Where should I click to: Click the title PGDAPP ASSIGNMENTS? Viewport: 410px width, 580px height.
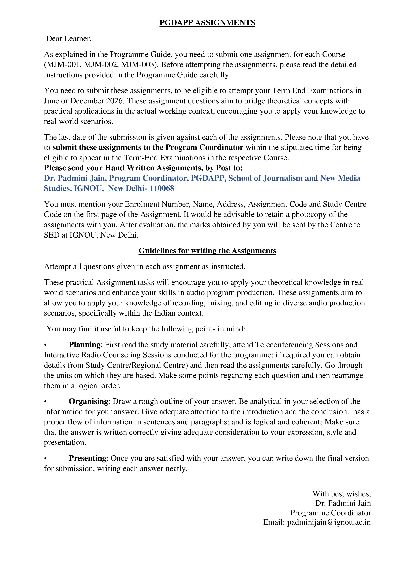(207, 23)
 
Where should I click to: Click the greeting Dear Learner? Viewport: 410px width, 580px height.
(69, 39)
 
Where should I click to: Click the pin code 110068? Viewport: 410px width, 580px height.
(162, 188)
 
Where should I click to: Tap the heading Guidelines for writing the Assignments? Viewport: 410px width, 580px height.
(207, 251)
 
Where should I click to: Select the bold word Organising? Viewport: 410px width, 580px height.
(88, 401)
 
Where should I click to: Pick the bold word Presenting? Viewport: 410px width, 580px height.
(87, 458)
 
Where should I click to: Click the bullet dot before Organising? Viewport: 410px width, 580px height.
(45, 402)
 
